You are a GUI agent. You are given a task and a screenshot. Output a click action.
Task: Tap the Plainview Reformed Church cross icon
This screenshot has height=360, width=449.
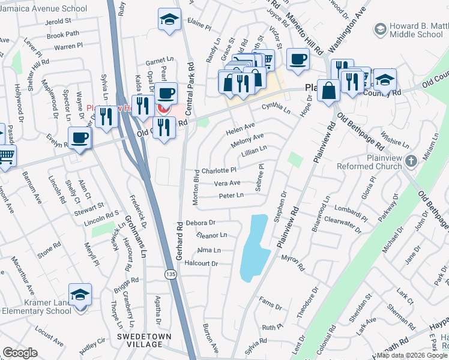(x=411, y=161)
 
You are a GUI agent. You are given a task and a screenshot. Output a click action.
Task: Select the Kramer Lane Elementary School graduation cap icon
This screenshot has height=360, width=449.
(x=80, y=294)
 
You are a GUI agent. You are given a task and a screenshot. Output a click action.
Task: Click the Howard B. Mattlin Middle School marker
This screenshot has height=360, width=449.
(x=379, y=29)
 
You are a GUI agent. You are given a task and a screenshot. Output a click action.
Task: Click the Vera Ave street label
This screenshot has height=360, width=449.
(x=227, y=183)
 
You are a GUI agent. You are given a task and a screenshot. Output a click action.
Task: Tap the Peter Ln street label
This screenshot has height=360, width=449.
(x=231, y=196)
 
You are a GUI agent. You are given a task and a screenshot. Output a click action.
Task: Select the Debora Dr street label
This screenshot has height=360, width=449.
(x=200, y=223)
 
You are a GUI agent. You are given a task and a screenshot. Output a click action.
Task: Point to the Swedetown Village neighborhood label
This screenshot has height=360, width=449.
(x=140, y=340)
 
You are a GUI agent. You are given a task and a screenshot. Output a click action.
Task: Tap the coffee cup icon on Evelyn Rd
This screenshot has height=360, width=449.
(x=79, y=138)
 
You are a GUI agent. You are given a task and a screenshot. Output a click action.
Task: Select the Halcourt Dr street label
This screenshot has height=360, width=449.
(x=200, y=263)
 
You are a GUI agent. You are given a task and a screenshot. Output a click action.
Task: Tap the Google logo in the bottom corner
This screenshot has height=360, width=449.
(x=20, y=353)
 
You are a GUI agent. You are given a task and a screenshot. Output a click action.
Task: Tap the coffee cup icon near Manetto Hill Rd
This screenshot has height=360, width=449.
(x=298, y=59)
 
